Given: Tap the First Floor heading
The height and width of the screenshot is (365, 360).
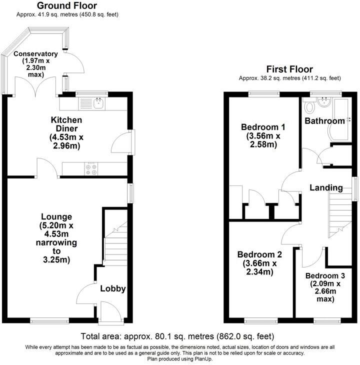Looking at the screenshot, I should coord(289,69).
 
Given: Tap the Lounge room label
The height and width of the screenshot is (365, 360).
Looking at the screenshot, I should coord(56,216).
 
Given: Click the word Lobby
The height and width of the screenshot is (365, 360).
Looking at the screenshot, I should coord(112,288).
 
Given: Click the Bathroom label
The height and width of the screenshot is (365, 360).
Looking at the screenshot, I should coord(325,120).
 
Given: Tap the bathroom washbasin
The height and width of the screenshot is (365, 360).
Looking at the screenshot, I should coord(323,102).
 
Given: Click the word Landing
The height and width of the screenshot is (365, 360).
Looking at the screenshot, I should coord(326,188).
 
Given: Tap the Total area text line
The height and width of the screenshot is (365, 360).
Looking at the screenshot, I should coord(177,336).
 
